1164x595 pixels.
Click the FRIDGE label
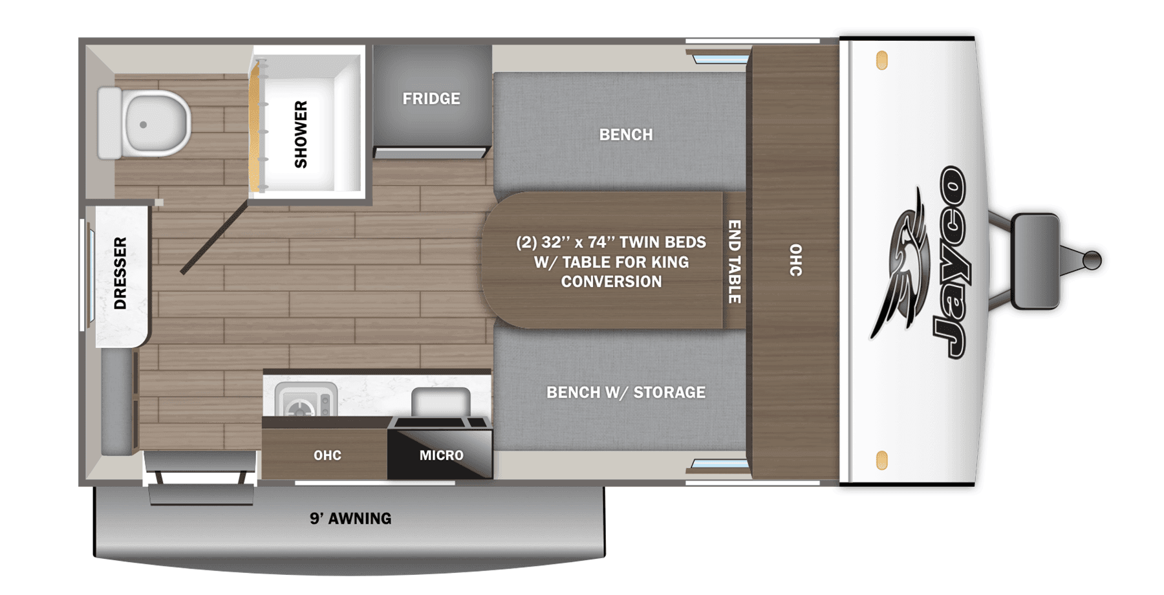[431, 99]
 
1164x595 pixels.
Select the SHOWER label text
[301, 135]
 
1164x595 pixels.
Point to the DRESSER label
[120, 273]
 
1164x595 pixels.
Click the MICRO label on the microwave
[441, 455]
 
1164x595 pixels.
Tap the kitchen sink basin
[440, 402]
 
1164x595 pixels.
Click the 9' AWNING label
[350, 519]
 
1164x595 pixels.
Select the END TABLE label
[734, 261]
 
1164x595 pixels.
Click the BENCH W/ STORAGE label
[625, 393]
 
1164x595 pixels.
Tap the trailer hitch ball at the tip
[1092, 260]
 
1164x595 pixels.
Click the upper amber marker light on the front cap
[881, 61]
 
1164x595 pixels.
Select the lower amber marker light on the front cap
[881, 460]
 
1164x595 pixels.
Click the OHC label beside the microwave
[327, 455]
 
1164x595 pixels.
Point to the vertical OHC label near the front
[795, 260]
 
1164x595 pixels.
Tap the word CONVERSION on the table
[611, 282]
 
